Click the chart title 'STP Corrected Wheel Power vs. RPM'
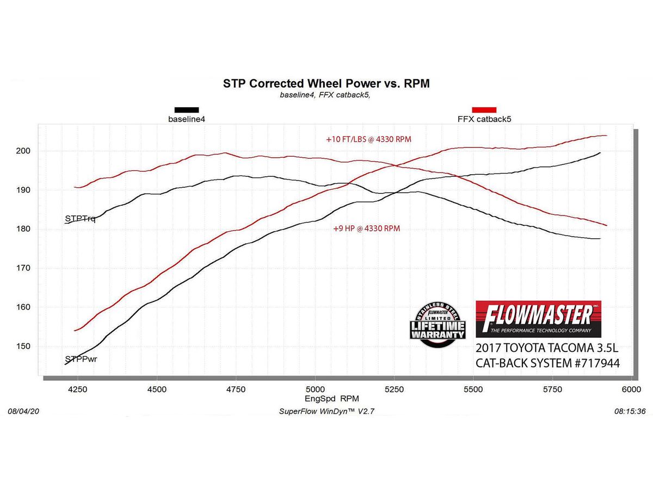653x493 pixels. point(326,84)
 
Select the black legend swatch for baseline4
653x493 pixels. point(186,109)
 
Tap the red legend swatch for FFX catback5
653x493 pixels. point(484,109)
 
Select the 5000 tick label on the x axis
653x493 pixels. point(315,389)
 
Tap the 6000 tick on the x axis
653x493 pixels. point(631,389)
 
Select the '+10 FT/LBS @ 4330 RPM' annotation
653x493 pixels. point(368,139)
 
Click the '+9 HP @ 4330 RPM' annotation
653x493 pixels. point(366,229)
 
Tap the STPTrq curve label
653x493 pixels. point(80,219)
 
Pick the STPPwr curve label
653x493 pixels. point(81,359)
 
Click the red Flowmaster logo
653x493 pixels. point(538,319)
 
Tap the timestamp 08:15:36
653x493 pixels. point(630,411)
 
